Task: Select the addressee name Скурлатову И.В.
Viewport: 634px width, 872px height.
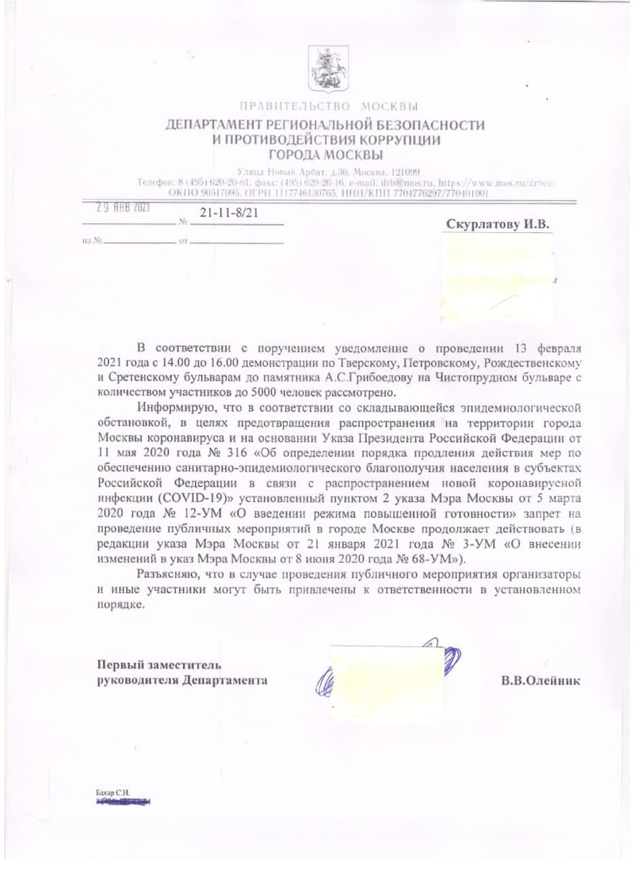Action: point(498,225)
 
